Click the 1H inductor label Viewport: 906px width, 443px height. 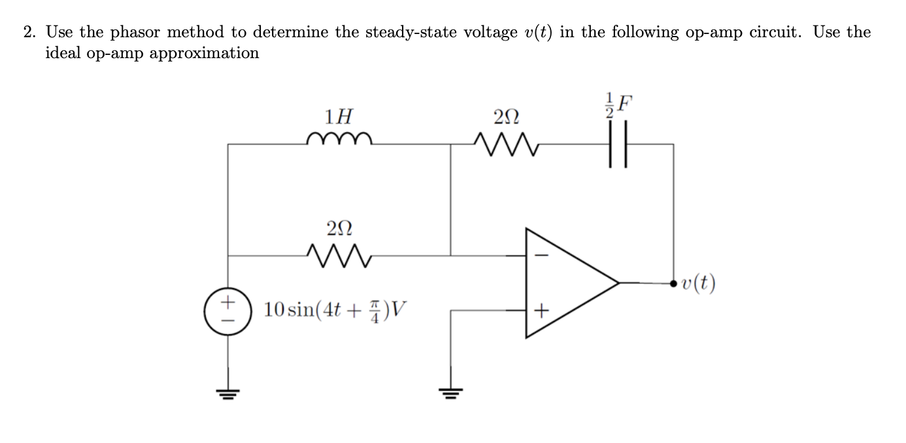point(339,117)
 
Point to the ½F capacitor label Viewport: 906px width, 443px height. point(618,106)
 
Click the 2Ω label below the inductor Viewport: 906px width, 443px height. point(339,228)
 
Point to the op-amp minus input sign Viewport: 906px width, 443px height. point(540,255)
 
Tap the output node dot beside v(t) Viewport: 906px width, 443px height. point(673,283)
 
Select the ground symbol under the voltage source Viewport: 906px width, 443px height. point(227,392)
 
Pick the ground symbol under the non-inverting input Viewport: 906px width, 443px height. point(450,392)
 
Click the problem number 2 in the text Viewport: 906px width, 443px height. point(29,32)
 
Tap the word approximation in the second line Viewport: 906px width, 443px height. point(204,53)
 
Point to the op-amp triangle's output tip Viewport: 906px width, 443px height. point(618,283)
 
